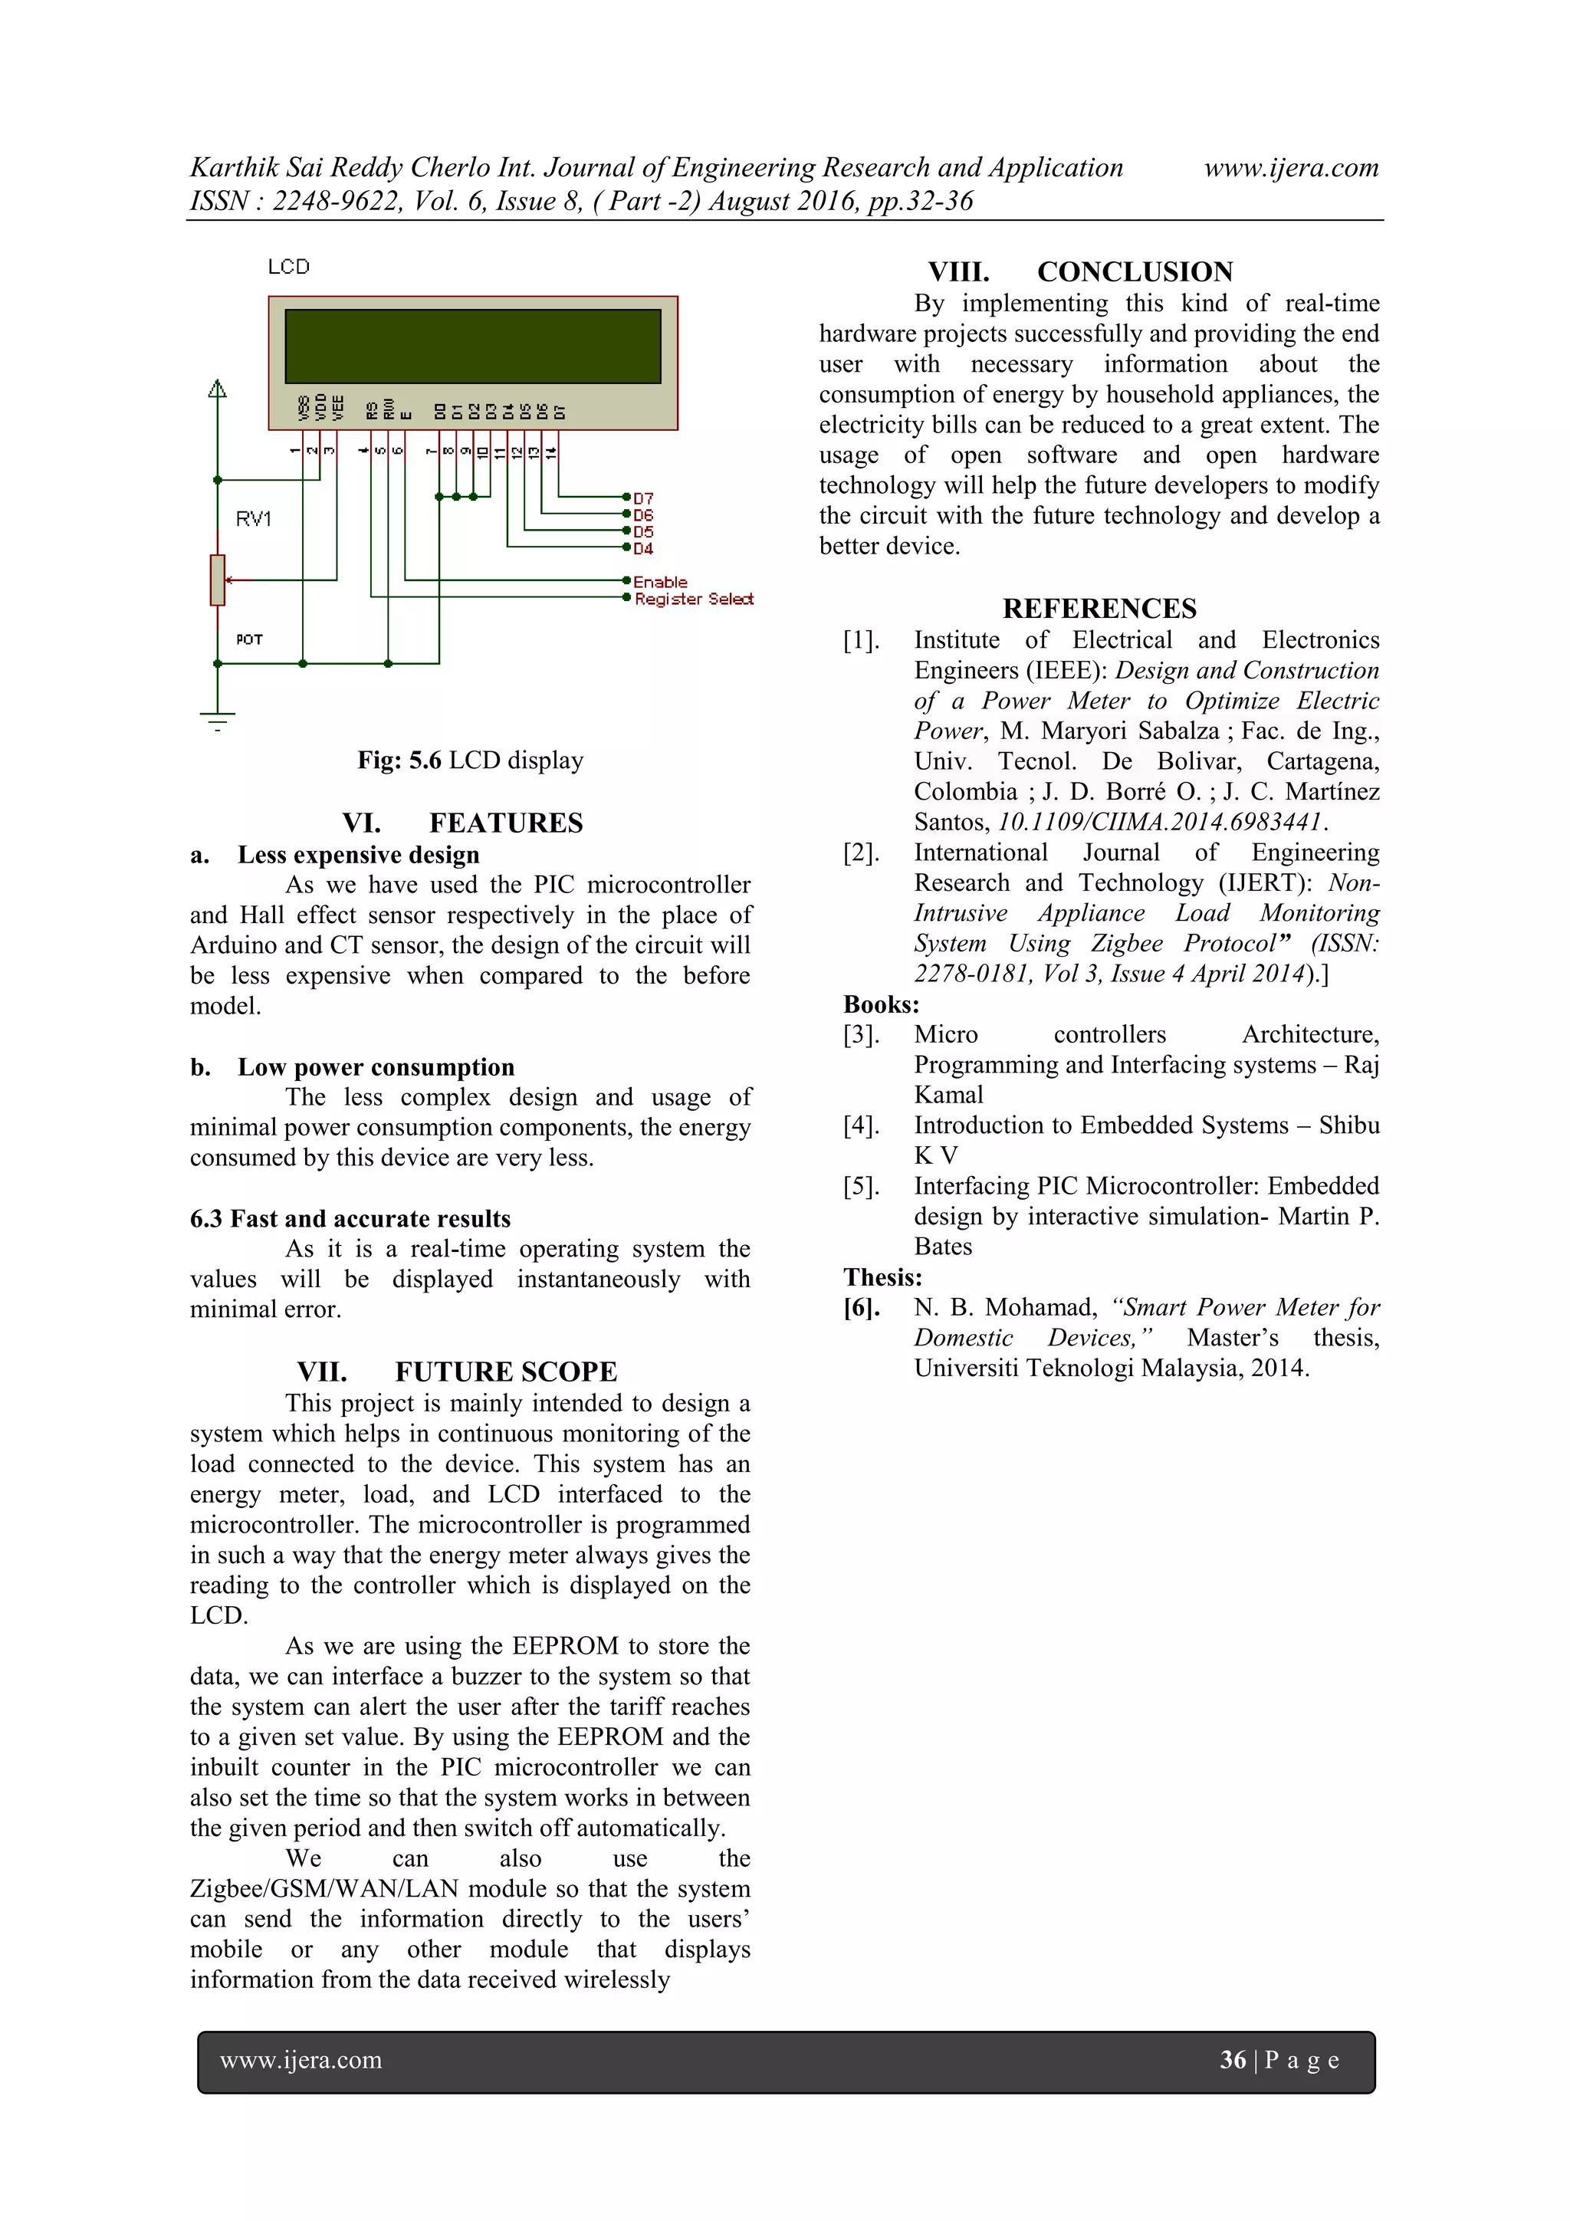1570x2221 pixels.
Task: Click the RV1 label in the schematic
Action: point(254,520)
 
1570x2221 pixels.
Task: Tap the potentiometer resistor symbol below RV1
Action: point(218,580)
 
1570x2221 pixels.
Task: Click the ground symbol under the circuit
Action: point(218,721)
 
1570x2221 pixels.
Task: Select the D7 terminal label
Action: point(643,499)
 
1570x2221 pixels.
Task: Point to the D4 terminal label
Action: point(643,548)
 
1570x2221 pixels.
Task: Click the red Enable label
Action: point(661,581)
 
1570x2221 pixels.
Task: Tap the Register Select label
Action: point(694,599)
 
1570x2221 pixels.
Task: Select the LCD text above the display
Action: point(288,267)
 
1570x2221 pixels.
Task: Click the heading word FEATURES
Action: point(506,823)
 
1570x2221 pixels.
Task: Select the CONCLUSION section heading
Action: point(1135,272)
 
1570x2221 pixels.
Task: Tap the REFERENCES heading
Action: point(1099,609)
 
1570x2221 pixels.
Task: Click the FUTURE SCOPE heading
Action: point(506,1372)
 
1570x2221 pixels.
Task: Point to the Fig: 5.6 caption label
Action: point(399,761)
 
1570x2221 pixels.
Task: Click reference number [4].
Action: point(861,1125)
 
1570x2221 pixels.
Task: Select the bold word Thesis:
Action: point(882,1277)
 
